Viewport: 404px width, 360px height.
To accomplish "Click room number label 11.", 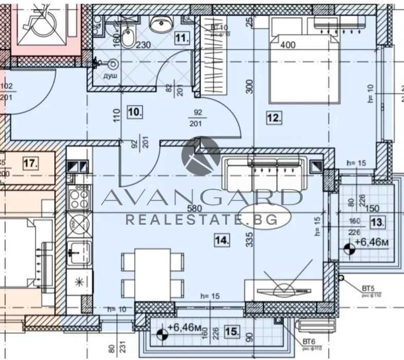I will click(x=182, y=38).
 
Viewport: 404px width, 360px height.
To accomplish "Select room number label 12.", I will click(x=274, y=118).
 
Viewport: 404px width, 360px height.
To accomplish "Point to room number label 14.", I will click(x=222, y=239).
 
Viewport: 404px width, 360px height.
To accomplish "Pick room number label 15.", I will click(x=231, y=332).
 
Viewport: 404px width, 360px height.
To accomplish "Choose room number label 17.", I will click(x=30, y=164).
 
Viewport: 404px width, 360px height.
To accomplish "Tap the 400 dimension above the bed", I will click(x=288, y=45).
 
